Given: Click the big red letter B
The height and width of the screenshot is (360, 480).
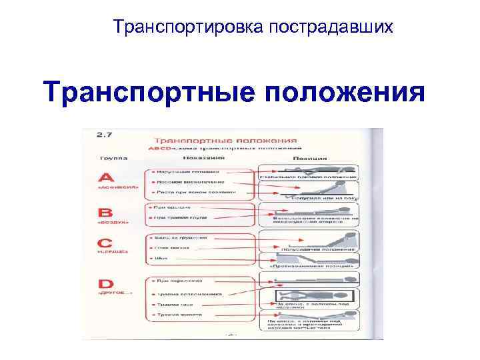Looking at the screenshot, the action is pyautogui.click(x=106, y=213).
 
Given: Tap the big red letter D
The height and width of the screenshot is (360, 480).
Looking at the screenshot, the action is pyautogui.click(x=107, y=285).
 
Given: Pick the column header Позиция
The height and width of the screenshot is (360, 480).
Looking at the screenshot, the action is pyautogui.click(x=311, y=159).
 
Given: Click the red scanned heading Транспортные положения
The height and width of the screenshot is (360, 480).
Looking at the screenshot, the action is pyautogui.click(x=225, y=140).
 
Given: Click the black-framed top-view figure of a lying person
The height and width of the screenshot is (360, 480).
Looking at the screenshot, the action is pyautogui.click(x=313, y=295).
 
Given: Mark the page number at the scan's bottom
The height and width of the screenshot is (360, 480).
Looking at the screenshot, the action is pyautogui.click(x=231, y=335).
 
